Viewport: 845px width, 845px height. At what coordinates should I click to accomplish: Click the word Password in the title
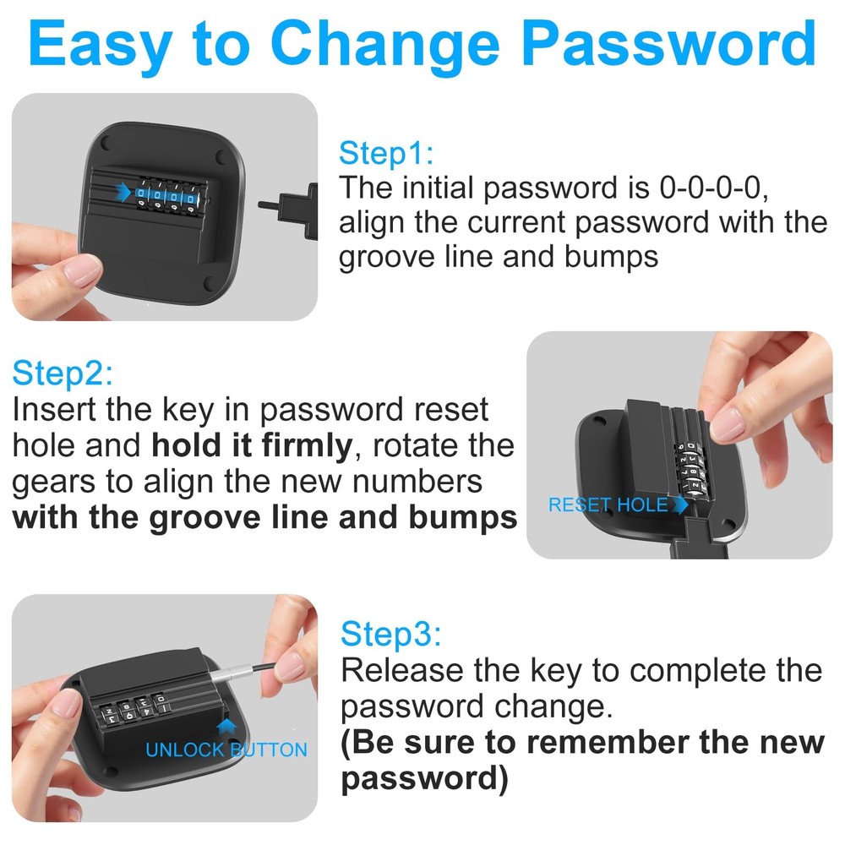(668, 43)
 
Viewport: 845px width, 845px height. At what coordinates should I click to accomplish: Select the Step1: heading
(386, 152)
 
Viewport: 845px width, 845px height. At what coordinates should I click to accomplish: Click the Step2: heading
(63, 373)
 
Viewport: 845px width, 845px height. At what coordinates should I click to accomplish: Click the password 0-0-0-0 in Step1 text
(713, 188)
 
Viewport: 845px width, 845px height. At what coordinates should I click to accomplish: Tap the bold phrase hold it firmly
(252, 445)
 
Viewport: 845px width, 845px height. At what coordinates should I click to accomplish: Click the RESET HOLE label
(608, 505)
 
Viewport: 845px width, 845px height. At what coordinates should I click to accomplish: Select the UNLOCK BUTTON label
(226, 750)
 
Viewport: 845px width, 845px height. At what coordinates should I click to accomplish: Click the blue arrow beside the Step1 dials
(123, 192)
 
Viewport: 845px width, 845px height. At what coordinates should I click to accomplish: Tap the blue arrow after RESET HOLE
(680, 504)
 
